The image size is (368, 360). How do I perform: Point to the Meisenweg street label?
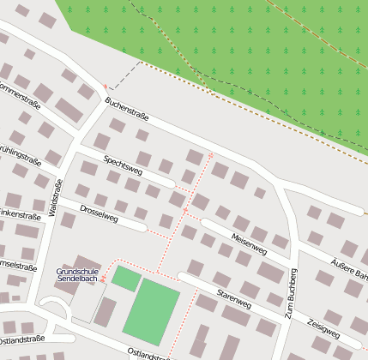pos(250,244)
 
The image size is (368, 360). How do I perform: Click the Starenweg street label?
pos(234,298)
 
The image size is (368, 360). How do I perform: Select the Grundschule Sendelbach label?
pos(77,275)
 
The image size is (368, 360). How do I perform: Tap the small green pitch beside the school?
pos(126,279)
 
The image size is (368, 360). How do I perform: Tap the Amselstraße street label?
pos(17,265)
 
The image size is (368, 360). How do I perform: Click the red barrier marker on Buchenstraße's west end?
pos(106,87)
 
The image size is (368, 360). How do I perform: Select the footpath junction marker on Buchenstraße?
pos(211,155)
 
